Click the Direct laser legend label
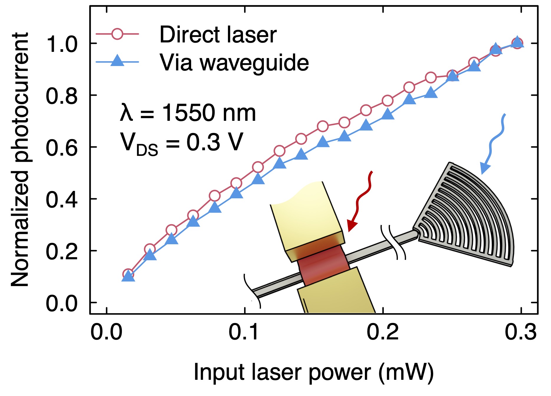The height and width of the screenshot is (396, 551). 218,35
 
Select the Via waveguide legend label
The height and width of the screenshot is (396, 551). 234,62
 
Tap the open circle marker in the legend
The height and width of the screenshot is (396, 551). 117,34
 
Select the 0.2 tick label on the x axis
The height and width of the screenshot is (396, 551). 383,332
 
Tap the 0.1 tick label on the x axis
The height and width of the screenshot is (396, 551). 244,332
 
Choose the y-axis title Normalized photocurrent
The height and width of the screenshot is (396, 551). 20,159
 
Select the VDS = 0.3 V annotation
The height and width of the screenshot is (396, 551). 181,143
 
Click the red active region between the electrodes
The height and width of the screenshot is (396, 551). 322,264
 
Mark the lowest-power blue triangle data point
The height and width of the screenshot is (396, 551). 128,276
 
